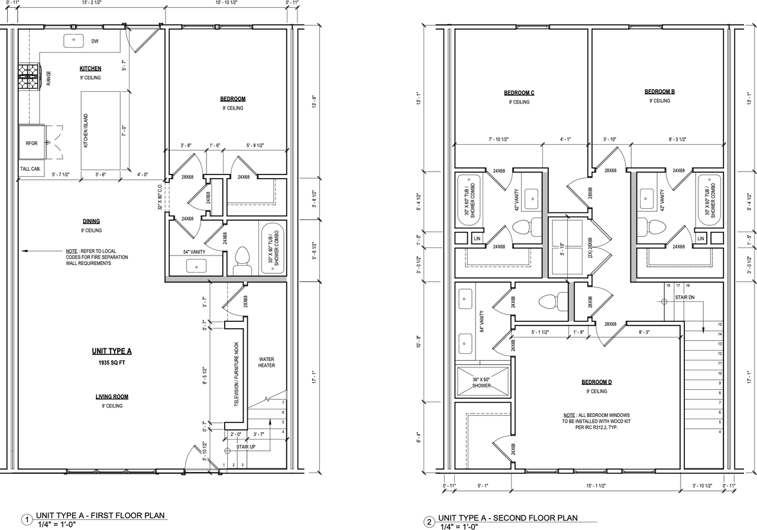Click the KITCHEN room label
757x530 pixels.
(90, 69)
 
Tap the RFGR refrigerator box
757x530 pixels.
(31, 143)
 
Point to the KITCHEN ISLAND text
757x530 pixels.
(86, 131)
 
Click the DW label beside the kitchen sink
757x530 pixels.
(95, 41)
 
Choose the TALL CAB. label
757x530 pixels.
(31, 169)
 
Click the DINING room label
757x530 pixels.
(91, 221)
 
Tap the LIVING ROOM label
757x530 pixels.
(112, 397)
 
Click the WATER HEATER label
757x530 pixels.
(267, 362)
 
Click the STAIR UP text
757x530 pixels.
(245, 447)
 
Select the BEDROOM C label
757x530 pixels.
(519, 93)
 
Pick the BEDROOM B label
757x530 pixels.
(659, 92)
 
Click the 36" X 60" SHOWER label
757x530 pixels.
(481, 382)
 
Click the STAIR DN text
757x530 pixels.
(685, 298)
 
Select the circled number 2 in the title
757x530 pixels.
(428, 521)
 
